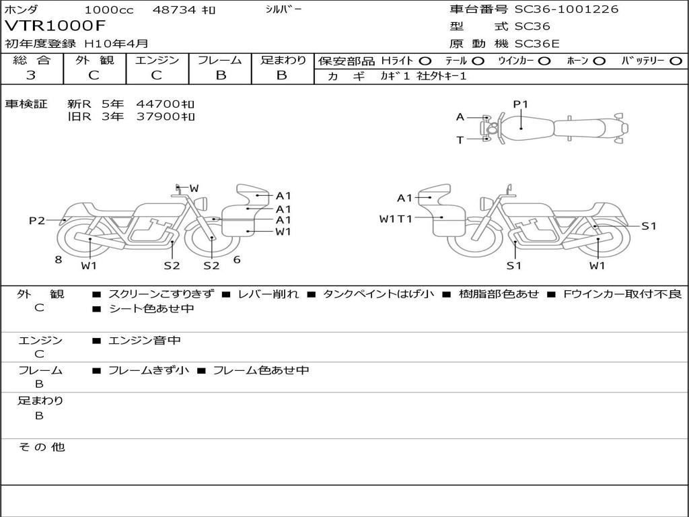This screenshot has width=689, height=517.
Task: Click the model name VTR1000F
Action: (x=55, y=26)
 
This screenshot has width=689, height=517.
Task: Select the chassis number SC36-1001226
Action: (x=566, y=9)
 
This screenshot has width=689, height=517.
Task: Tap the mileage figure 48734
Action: (x=174, y=9)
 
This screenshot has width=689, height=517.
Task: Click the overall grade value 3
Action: (x=31, y=75)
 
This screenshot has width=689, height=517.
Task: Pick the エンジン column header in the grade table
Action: (x=157, y=60)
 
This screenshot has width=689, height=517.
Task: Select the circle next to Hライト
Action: (x=425, y=61)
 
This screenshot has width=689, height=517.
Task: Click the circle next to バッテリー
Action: (x=676, y=61)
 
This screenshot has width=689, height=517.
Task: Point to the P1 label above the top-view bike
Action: (x=521, y=104)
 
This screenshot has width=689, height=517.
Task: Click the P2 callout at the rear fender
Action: (x=37, y=220)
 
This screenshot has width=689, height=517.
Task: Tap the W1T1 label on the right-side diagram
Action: (x=396, y=219)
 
